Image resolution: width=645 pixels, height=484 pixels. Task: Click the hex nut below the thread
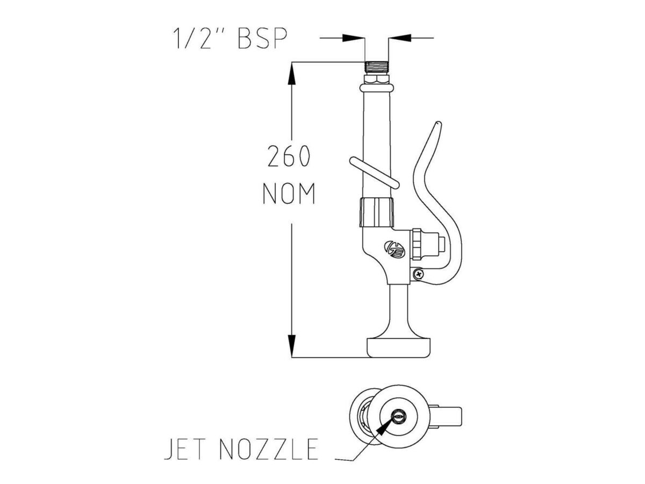pyautogui.click(x=376, y=82)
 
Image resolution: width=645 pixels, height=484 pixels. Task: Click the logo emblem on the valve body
pyautogui.click(x=393, y=248)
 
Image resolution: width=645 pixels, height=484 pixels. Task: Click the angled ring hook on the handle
pyautogui.click(x=374, y=173)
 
